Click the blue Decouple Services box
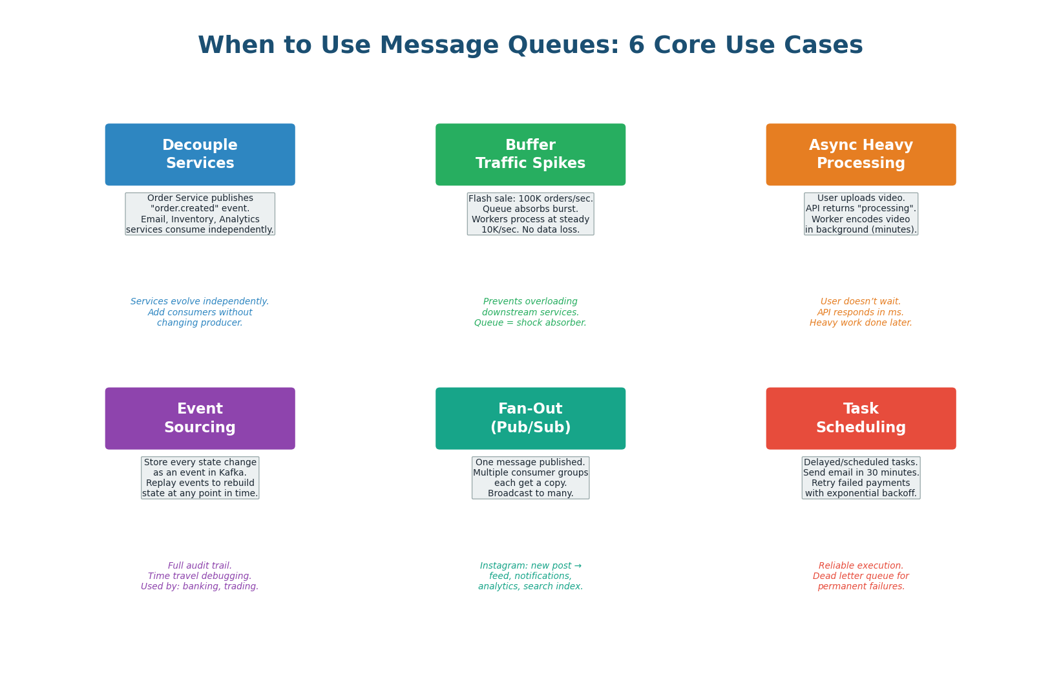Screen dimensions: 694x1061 [x=200, y=154]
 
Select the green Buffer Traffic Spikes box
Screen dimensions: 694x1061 [x=530, y=154]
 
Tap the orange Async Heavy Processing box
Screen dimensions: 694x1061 [x=861, y=154]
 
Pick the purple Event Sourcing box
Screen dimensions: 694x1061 [x=200, y=418]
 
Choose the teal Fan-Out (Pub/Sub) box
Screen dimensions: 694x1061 [x=530, y=418]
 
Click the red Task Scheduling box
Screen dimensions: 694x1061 [x=861, y=418]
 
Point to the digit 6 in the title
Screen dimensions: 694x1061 [x=636, y=46]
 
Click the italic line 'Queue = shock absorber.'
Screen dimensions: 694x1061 [x=530, y=323]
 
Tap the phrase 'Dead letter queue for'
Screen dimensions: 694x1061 [x=861, y=576]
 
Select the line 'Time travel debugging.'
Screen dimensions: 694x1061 [x=200, y=576]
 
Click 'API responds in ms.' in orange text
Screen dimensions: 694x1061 [x=861, y=313]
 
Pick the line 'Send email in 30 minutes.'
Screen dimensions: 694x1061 [x=861, y=473]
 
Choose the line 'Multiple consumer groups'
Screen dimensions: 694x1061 [x=530, y=473]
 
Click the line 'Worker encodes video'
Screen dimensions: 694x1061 [x=861, y=220]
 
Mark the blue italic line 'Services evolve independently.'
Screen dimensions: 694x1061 [x=200, y=302]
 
